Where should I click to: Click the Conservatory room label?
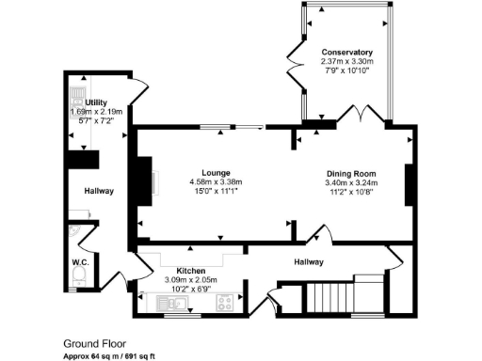click(x=347, y=52)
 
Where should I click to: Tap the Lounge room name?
click(x=217, y=173)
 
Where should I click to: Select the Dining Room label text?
click(x=351, y=174)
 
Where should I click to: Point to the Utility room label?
click(x=96, y=102)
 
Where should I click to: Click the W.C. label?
click(x=80, y=262)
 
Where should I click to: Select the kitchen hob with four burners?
click(x=225, y=303)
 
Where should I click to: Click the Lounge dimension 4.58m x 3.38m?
click(x=216, y=182)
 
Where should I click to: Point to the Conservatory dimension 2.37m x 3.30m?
click(x=347, y=61)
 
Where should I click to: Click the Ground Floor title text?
click(x=94, y=344)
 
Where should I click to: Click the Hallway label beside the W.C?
click(x=99, y=192)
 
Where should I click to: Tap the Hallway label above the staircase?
click(x=308, y=262)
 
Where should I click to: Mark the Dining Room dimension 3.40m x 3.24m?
click(x=351, y=183)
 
